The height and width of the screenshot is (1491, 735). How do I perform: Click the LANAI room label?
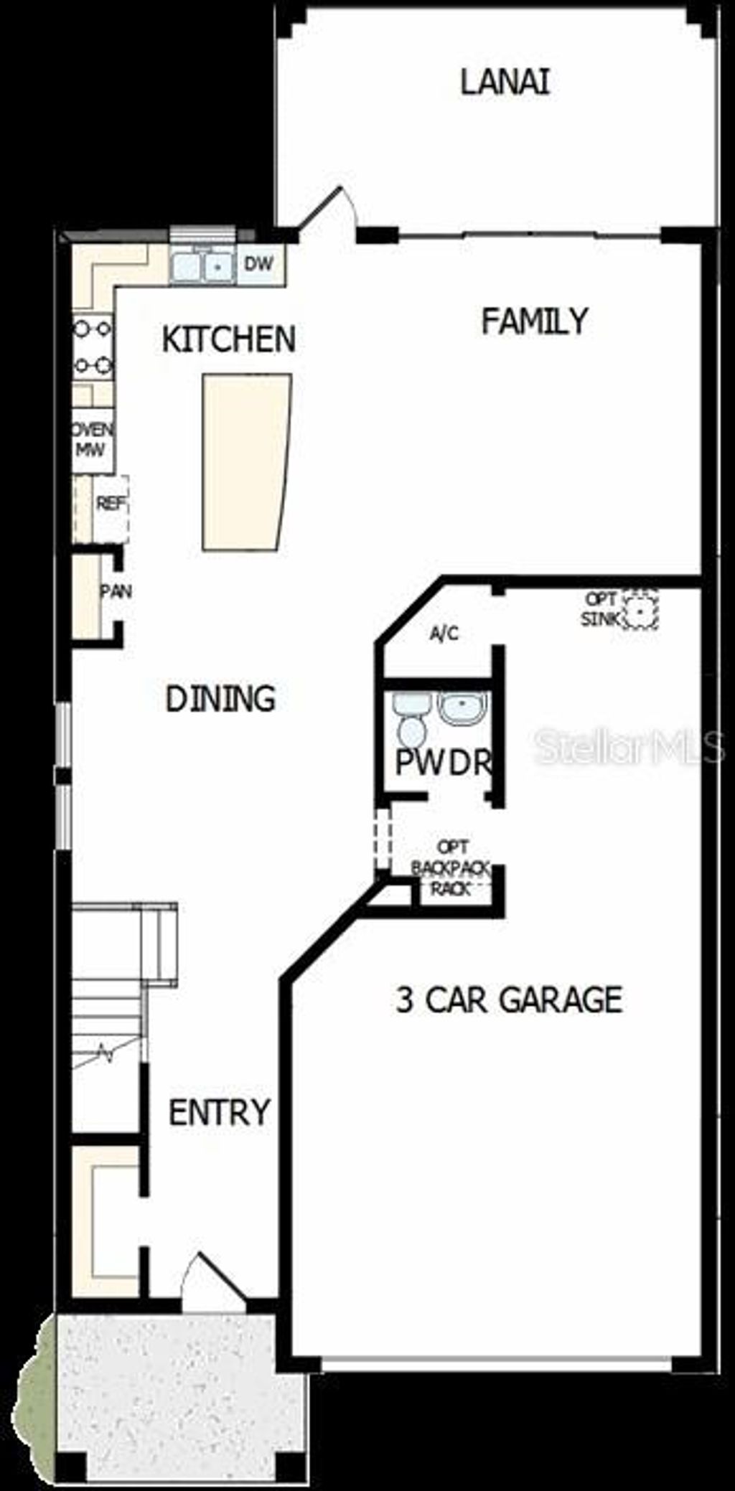[x=505, y=82]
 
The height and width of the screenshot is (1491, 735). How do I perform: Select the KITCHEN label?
[x=228, y=339]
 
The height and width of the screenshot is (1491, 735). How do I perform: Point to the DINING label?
[x=220, y=699]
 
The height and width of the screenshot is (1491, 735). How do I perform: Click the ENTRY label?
[x=219, y=1112]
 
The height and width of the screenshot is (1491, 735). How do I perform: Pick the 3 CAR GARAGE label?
[x=509, y=1000]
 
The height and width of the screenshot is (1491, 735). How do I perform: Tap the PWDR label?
[x=443, y=762]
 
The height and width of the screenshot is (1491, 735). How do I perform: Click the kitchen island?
[x=245, y=462]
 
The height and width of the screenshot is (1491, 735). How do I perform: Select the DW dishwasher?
[x=258, y=264]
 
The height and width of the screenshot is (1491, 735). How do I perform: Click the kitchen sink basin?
[x=202, y=266]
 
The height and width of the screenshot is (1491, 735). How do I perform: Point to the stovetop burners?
[x=93, y=348]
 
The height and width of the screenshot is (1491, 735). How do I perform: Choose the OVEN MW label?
[x=92, y=439]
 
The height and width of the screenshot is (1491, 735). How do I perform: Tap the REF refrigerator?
[x=111, y=504]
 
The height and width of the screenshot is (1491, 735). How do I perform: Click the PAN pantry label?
[x=115, y=592]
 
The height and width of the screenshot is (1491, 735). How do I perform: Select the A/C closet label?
[x=444, y=634]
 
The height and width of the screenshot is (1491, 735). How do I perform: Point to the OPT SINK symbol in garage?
[x=640, y=610]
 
